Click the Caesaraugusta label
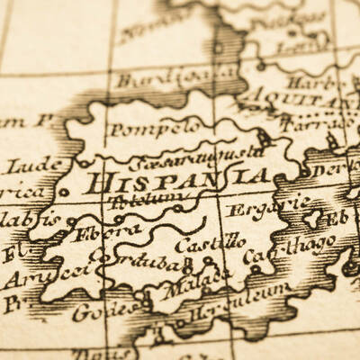click(194, 157)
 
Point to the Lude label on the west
click(35, 166)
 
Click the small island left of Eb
click(314, 218)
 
